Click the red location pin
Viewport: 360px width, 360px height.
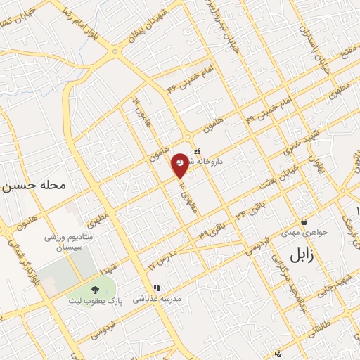click(x=181, y=164)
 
